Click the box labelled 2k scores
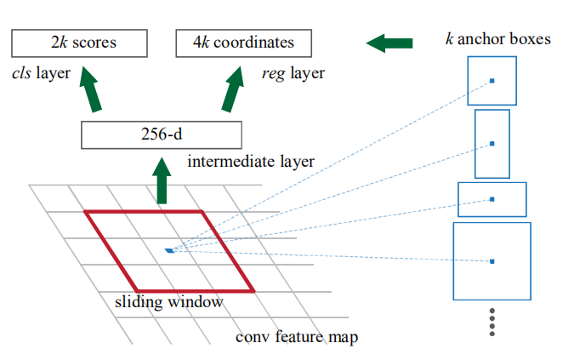click(78, 42)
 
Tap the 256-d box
click(162, 134)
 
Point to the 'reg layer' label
click(293, 74)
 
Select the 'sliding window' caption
click(169, 301)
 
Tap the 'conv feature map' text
click(296, 337)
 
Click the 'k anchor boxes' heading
click(497, 38)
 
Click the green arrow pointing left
click(392, 42)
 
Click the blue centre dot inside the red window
click(170, 250)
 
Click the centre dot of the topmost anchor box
click(492, 81)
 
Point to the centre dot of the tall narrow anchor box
click(492, 144)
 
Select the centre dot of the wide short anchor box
click(492, 199)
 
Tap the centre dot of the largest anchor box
click(492, 260)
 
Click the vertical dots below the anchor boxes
click(492, 322)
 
